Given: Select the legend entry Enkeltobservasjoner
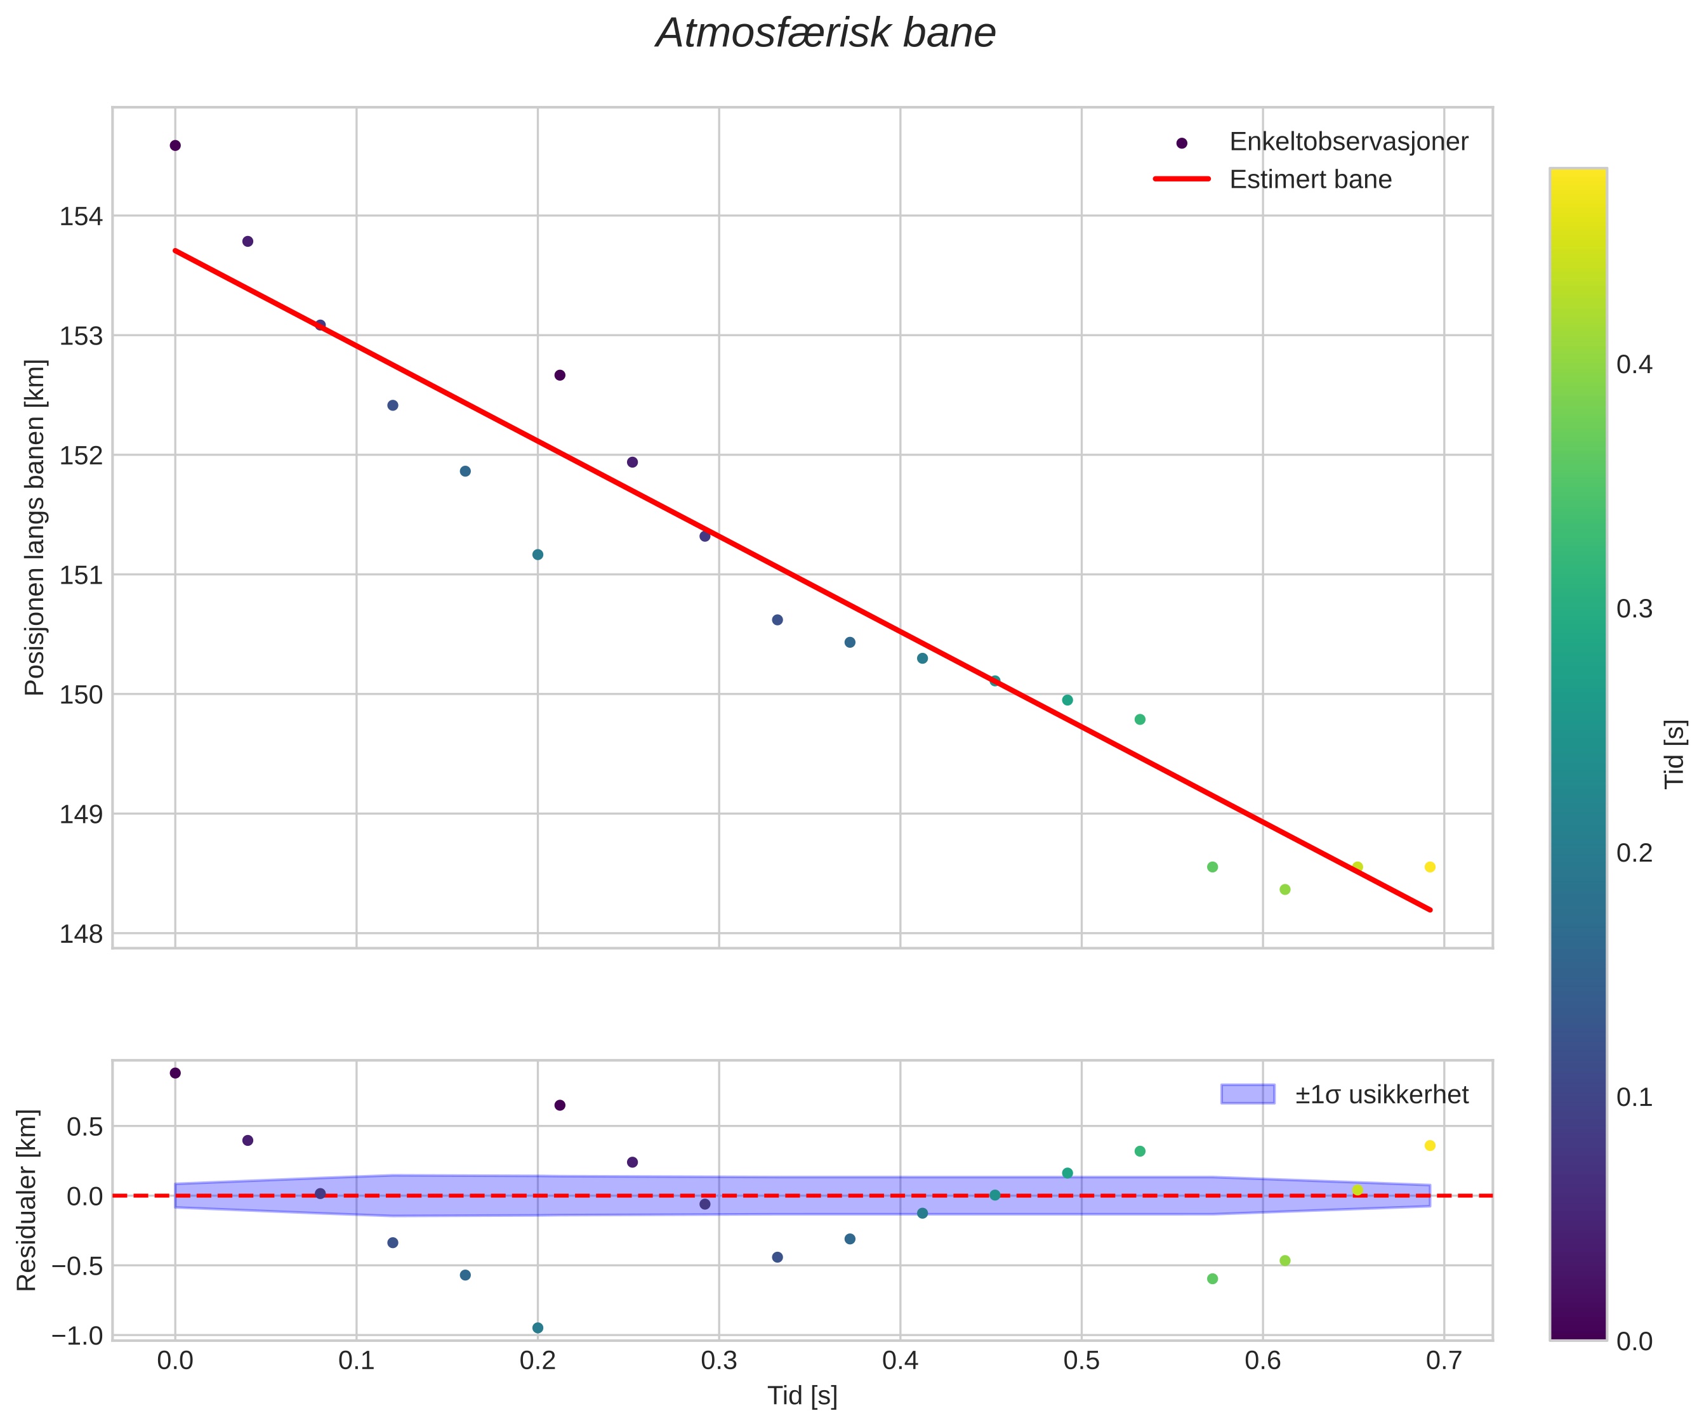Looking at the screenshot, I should (x=1348, y=142).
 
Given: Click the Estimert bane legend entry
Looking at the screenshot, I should (x=1310, y=180).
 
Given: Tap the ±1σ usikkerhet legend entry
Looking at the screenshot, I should (x=1381, y=1095).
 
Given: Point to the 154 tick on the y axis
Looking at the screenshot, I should (x=81, y=216).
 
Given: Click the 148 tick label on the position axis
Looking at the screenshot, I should (x=81, y=935).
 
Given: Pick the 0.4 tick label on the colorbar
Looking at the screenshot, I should (x=1634, y=365).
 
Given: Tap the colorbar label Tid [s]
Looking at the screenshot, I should (x=1675, y=754).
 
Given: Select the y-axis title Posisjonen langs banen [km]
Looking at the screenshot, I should (x=35, y=527).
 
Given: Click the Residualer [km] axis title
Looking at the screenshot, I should (x=27, y=1200).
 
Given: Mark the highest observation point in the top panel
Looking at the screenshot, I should (x=175, y=145).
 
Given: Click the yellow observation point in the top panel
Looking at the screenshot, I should (x=1430, y=867).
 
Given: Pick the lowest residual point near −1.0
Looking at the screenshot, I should (x=537, y=1328).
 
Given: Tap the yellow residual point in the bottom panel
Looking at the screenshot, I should (x=1430, y=1145).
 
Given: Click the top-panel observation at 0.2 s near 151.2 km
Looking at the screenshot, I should (x=537, y=555).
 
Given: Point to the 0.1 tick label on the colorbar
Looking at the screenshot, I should (x=1634, y=1098).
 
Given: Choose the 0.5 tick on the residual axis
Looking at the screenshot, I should (x=84, y=1127).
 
